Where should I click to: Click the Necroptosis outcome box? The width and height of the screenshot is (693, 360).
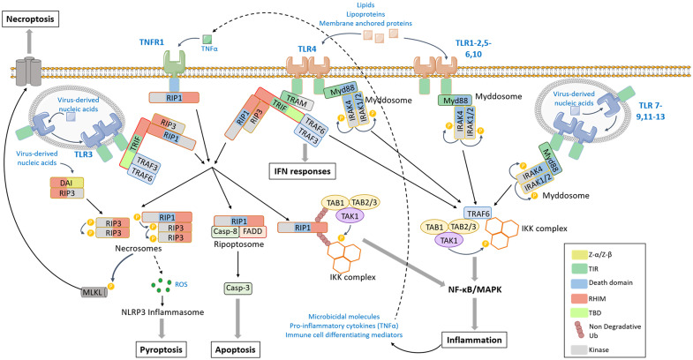(x=30, y=19)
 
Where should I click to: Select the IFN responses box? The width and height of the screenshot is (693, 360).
(x=303, y=171)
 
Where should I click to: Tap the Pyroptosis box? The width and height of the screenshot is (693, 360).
(x=161, y=349)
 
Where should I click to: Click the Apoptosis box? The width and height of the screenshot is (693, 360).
(x=236, y=349)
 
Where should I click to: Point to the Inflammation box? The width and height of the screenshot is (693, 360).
(x=474, y=340)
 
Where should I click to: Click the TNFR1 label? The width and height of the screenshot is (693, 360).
(x=152, y=42)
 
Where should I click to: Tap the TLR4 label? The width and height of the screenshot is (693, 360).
(x=306, y=49)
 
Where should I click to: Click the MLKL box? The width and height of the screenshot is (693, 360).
(x=94, y=292)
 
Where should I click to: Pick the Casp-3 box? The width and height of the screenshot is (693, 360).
(x=237, y=288)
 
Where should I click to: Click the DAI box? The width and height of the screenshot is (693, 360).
(x=67, y=183)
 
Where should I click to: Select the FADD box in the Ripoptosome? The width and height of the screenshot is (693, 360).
(x=252, y=231)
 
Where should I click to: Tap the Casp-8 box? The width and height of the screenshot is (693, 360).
(x=226, y=231)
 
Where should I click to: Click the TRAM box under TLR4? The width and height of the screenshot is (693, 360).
(x=297, y=101)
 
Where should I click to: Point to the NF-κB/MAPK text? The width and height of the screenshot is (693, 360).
(x=475, y=289)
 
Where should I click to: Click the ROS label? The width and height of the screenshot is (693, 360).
(x=181, y=284)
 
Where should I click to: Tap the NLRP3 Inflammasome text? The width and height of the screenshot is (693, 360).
(x=162, y=312)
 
